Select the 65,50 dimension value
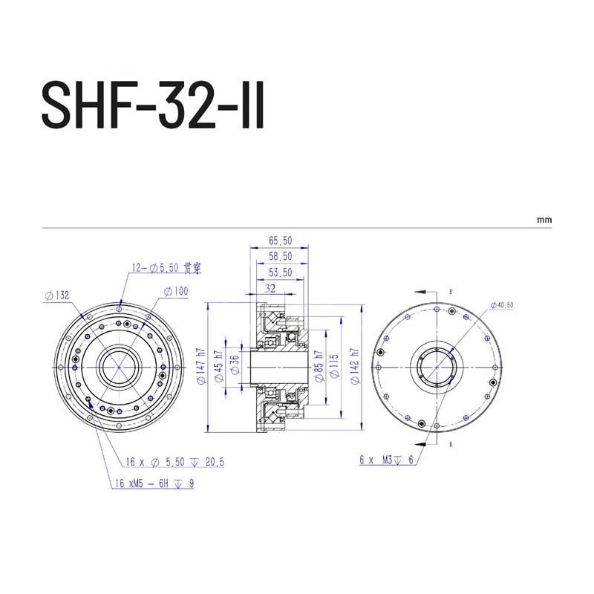[x=280, y=241]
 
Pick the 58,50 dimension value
[x=280, y=256]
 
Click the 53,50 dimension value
[x=280, y=272]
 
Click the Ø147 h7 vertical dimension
[x=200, y=368]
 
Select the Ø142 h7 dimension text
[x=355, y=368]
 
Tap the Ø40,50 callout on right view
[x=502, y=305]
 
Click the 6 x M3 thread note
[x=385, y=460]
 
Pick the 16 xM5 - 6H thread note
[x=155, y=483]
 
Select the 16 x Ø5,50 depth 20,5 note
[x=174, y=462]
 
